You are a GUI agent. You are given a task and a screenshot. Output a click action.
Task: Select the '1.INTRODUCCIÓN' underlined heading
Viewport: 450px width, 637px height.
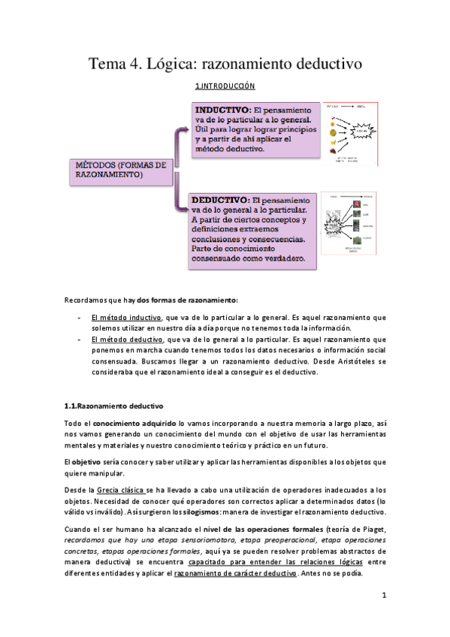pos(225,87)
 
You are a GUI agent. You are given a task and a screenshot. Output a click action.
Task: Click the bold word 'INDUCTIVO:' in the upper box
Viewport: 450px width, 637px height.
pos(219,110)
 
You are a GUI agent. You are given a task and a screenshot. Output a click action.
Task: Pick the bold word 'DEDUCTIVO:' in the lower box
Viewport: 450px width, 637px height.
pos(219,201)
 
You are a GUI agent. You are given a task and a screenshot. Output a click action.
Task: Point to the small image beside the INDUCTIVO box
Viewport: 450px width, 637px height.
pos(355,132)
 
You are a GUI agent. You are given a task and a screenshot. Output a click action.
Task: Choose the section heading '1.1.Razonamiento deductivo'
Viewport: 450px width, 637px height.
pos(119,406)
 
